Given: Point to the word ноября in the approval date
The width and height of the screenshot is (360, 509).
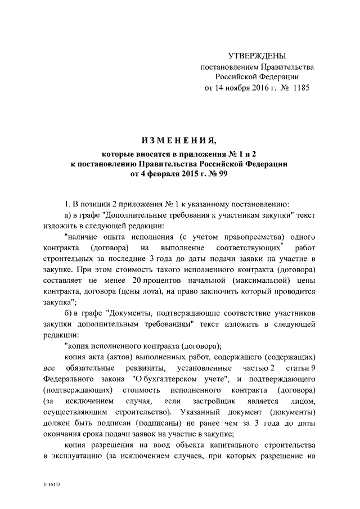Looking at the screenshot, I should tap(235, 88).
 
